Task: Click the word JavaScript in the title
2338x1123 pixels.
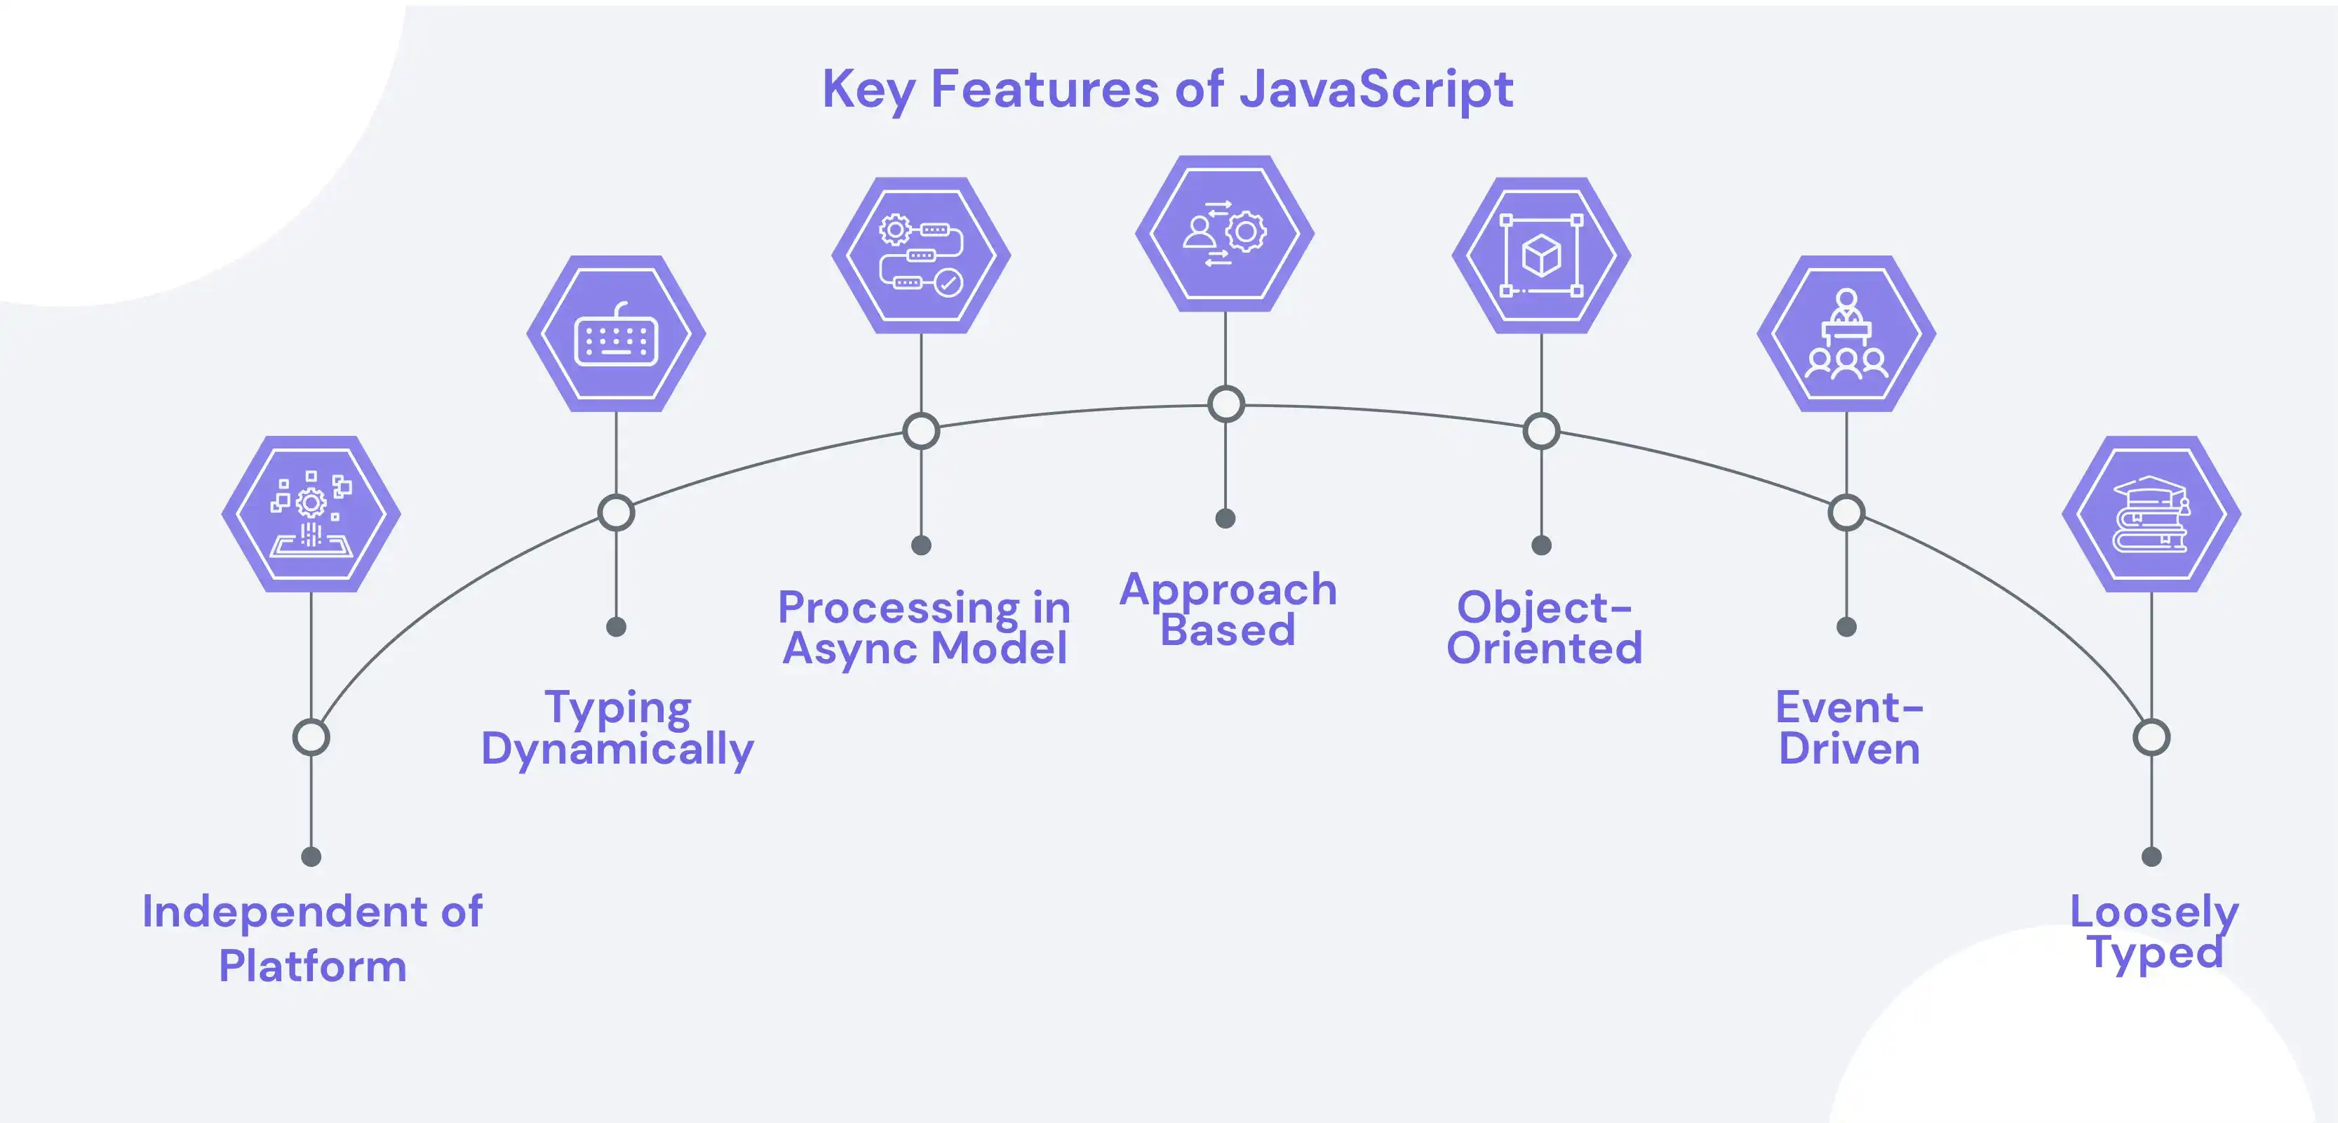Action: point(1376,90)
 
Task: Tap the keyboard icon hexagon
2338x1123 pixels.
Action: point(617,334)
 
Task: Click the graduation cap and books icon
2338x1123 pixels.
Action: point(2151,514)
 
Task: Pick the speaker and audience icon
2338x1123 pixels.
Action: point(1846,334)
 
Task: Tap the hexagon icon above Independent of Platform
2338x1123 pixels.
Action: point(311,514)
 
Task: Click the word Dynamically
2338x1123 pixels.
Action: point(617,750)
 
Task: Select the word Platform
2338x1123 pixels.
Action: point(312,966)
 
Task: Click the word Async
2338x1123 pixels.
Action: point(849,649)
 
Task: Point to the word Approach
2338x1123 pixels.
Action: point(1228,590)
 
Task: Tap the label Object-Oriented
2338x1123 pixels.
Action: point(1544,628)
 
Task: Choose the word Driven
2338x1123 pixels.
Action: point(1849,750)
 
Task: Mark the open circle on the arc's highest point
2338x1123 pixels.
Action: point(1225,404)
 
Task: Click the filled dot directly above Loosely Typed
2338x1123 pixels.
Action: point(2151,856)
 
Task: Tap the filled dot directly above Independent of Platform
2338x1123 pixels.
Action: point(311,856)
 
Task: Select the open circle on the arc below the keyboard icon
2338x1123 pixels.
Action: point(617,513)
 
